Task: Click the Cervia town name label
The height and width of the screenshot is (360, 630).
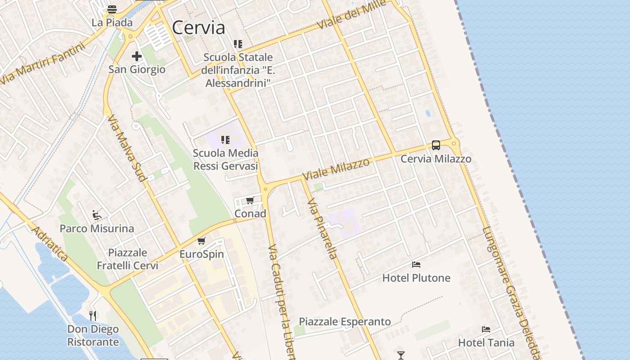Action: pyautogui.click(x=198, y=28)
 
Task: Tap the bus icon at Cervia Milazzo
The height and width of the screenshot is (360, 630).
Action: pyautogui.click(x=436, y=145)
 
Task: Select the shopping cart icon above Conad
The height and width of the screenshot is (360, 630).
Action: pyautogui.click(x=250, y=200)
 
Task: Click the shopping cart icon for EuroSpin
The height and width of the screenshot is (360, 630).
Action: pyautogui.click(x=202, y=241)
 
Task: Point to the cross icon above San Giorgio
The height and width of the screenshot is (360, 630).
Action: pyautogui.click(x=137, y=56)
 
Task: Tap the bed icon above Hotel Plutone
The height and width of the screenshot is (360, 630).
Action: pyautogui.click(x=416, y=265)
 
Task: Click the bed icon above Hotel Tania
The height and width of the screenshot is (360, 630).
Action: pyautogui.click(x=486, y=329)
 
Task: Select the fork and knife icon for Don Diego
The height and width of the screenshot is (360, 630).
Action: pyautogui.click(x=93, y=315)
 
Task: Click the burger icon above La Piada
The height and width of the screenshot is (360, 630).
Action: pyautogui.click(x=112, y=9)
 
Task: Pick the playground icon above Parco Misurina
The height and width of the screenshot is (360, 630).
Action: pyautogui.click(x=97, y=215)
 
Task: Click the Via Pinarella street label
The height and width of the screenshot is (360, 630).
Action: pyautogui.click(x=322, y=229)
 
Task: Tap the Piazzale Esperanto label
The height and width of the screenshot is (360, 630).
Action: pyautogui.click(x=345, y=322)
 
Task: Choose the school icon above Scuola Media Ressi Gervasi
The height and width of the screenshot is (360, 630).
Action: pyautogui.click(x=225, y=140)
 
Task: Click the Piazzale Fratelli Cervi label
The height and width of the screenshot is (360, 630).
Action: pyautogui.click(x=127, y=259)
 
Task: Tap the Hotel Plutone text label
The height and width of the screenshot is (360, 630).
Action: pyautogui.click(x=416, y=278)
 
